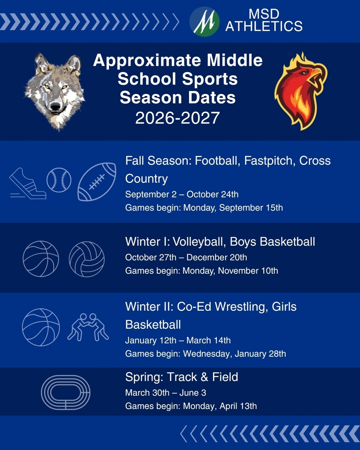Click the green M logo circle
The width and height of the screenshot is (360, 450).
(x=204, y=21)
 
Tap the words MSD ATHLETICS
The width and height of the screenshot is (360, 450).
(x=264, y=21)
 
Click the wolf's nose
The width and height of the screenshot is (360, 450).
(x=55, y=106)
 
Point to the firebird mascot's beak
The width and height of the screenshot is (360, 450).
(x=317, y=74)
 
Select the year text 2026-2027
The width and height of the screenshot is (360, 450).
(x=178, y=118)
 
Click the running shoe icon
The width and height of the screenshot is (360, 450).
(x=28, y=184)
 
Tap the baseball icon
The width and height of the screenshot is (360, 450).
(x=59, y=180)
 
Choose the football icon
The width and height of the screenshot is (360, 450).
(x=97, y=182)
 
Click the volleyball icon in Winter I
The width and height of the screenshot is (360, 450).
(x=87, y=259)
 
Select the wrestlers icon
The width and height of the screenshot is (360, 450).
(x=88, y=327)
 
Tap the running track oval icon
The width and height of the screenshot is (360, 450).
(x=65, y=392)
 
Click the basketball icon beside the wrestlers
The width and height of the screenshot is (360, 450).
(x=41, y=327)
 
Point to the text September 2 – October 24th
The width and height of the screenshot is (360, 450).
(x=182, y=194)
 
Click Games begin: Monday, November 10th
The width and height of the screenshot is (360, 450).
(x=201, y=271)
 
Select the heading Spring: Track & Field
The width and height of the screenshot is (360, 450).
(x=182, y=377)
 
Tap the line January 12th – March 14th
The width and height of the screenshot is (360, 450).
(x=178, y=340)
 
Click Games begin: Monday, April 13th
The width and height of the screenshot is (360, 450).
(x=191, y=406)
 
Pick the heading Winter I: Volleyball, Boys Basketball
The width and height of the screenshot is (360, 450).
(x=220, y=241)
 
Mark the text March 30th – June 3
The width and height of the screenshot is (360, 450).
(x=166, y=392)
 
